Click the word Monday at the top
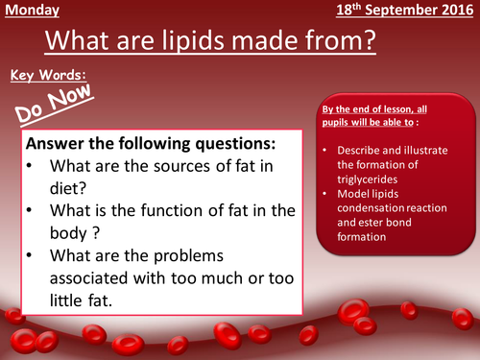(x=32, y=12)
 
